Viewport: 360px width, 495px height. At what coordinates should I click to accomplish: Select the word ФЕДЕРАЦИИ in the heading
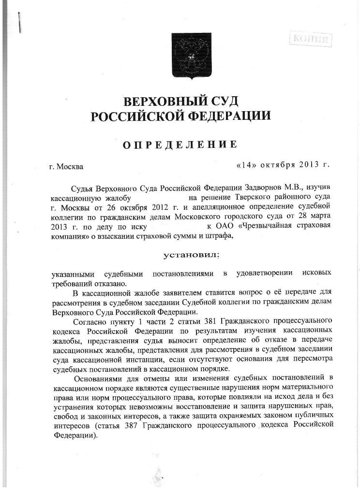pyautogui.click(x=229, y=116)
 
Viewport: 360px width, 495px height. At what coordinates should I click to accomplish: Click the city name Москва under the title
pyautogui.click(x=70, y=167)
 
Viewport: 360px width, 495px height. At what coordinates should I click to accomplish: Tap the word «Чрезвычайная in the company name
pyautogui.click(x=261, y=226)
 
